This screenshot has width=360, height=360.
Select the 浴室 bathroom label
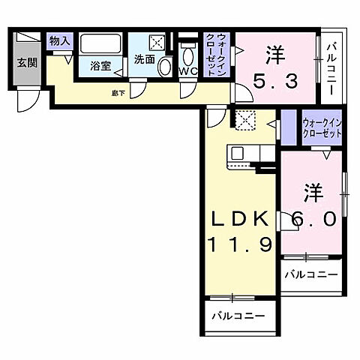click(x=100, y=66)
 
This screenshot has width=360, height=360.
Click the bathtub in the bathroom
click(x=101, y=44)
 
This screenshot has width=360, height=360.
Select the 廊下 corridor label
click(x=118, y=93)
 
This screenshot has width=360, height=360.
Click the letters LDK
click(x=239, y=218)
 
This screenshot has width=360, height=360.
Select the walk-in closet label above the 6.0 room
click(x=322, y=128)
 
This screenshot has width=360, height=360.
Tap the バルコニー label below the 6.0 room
click(x=310, y=275)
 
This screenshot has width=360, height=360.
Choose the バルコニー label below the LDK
click(x=238, y=316)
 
